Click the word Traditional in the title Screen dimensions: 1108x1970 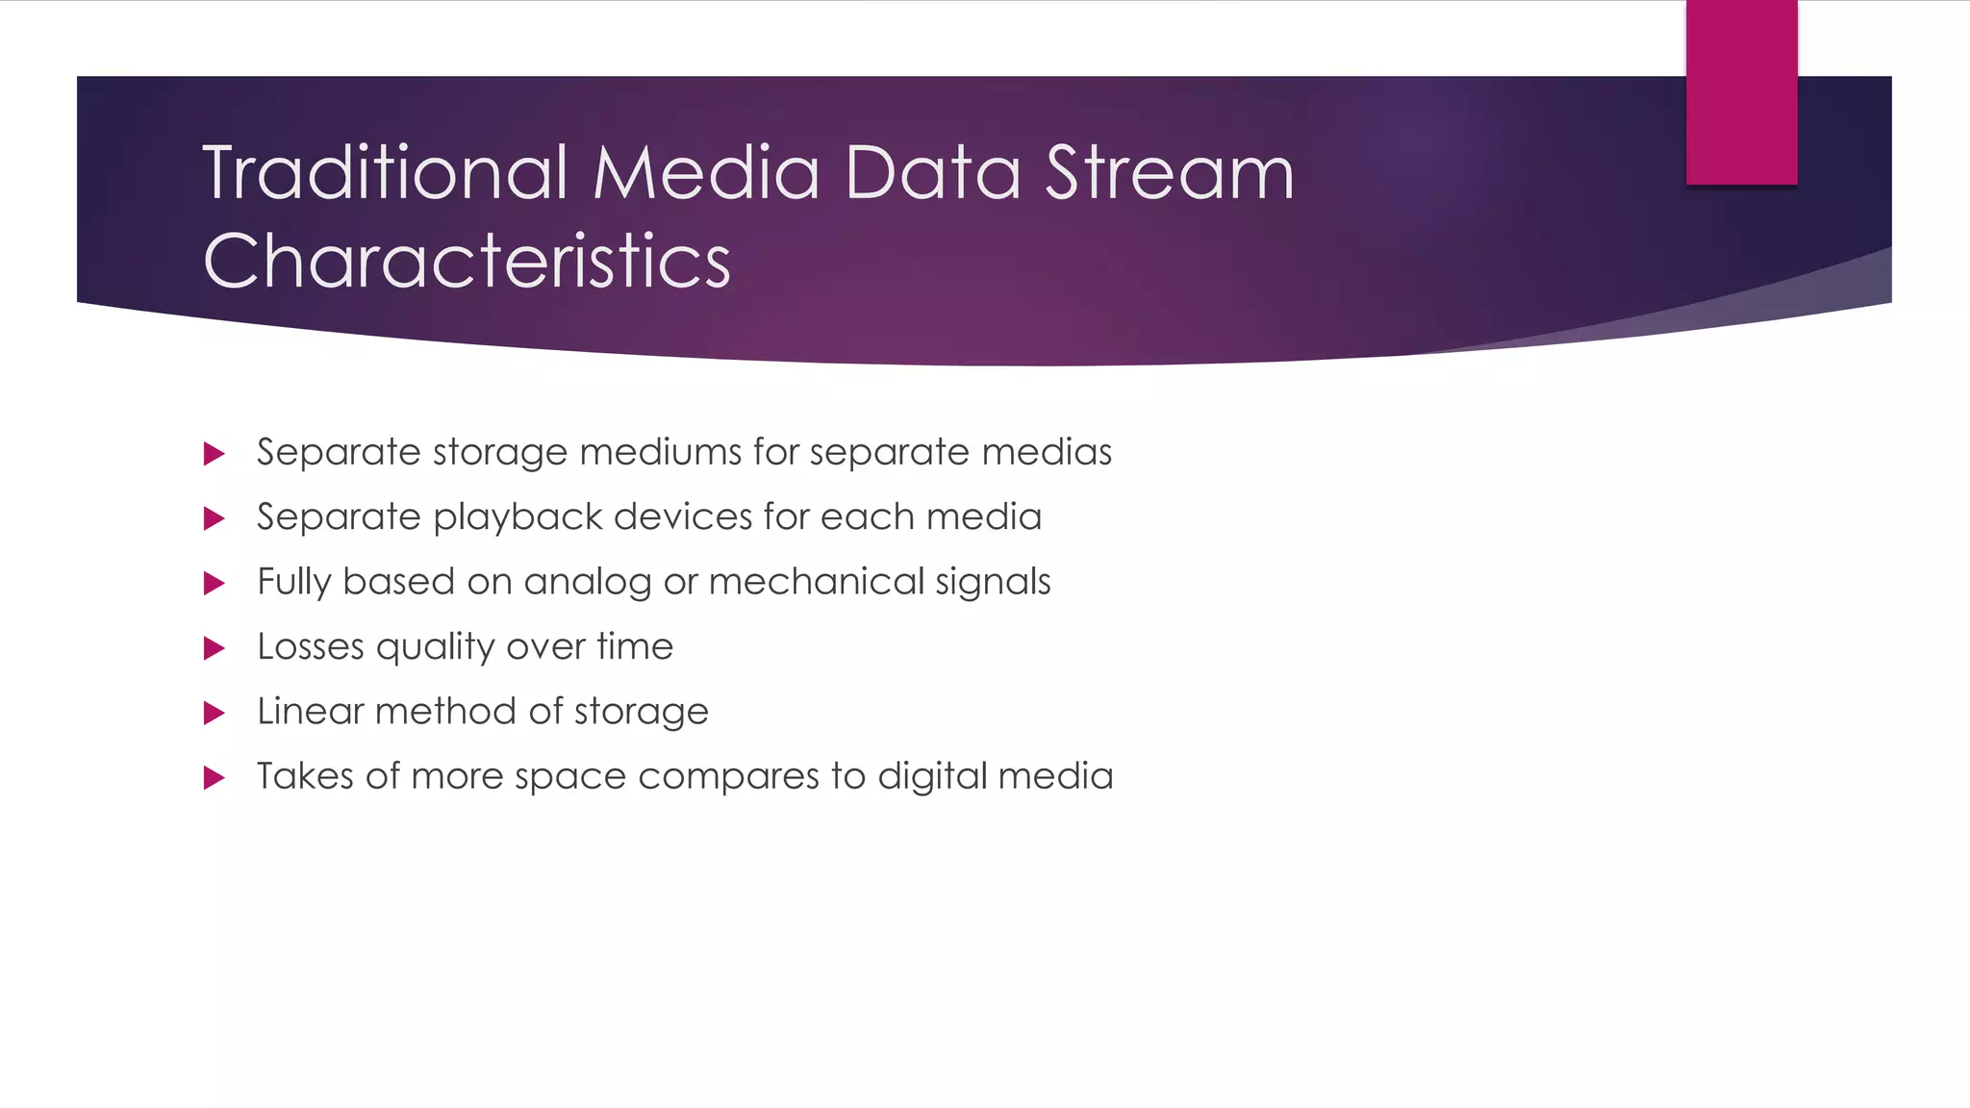pos(385,173)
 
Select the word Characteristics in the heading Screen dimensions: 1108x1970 pos(467,261)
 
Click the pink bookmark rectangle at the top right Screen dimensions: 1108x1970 pos(1741,92)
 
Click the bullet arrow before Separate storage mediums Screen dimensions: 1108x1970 pos(215,454)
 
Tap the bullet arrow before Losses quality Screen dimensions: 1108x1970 pos(215,648)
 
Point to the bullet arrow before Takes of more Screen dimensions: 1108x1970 pos(215,778)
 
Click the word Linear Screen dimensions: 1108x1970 pos(310,712)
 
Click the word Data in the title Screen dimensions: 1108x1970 pos(931,173)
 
